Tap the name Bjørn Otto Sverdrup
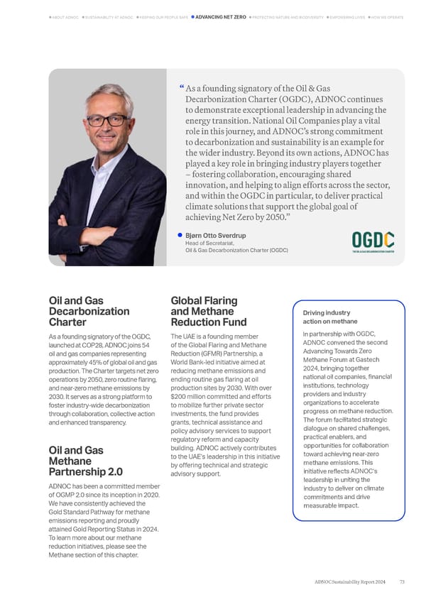pos(216,235)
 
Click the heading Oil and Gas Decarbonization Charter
pos(89,311)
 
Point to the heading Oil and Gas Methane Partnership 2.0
pos(85,461)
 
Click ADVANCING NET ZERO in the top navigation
pos(220,16)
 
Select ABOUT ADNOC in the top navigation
pos(65,16)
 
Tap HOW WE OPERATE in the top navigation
pos(388,16)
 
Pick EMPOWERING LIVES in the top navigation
pos(345,16)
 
